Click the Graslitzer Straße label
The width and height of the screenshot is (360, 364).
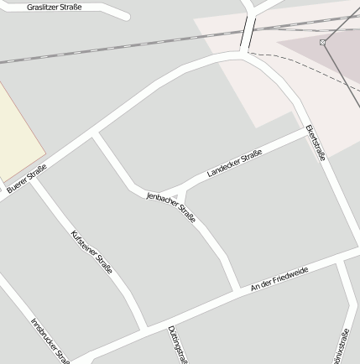tap(55, 8)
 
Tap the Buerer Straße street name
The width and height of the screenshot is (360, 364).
tap(27, 179)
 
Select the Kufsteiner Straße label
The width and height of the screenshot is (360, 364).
tap(91, 252)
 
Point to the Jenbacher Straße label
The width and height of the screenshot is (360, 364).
tap(171, 207)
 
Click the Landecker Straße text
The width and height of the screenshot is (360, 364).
tap(234, 163)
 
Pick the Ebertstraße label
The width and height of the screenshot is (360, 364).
tap(316, 143)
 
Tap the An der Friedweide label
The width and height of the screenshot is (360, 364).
tap(279, 279)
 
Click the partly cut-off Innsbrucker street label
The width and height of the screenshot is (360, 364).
tap(50, 340)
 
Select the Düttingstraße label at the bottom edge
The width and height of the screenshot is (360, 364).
tap(177, 345)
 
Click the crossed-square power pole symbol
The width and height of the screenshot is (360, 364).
tap(322, 42)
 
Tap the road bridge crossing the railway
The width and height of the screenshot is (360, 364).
tap(248, 33)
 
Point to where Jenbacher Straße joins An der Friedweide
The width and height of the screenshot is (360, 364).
tap(237, 290)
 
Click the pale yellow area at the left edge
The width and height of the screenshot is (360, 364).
tap(18, 130)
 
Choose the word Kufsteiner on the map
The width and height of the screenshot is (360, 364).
tap(85, 244)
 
